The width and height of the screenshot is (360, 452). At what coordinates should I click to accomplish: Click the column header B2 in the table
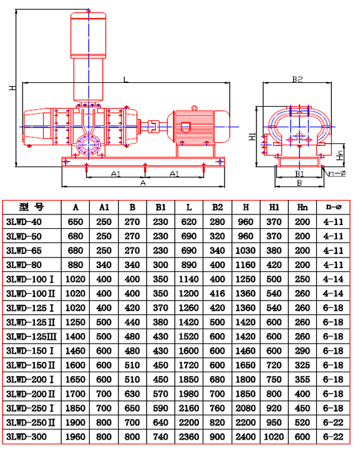pyautogui.click(x=217, y=207)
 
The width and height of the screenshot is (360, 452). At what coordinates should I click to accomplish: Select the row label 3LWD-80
pyautogui.click(x=24, y=264)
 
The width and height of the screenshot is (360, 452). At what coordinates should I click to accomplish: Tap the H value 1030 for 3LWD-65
pyautogui.click(x=245, y=250)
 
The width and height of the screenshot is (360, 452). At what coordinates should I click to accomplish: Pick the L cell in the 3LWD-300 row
pyautogui.click(x=188, y=436)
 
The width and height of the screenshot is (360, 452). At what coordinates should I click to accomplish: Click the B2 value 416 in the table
pyautogui.click(x=217, y=294)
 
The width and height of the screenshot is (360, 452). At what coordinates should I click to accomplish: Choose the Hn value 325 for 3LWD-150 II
pyautogui.click(x=303, y=365)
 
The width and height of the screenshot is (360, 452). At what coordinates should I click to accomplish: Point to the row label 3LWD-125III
pyautogui.click(x=31, y=337)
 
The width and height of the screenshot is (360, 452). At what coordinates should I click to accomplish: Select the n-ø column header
pyautogui.click(x=333, y=207)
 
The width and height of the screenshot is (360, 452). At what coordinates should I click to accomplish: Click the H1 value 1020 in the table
pyautogui.click(x=274, y=436)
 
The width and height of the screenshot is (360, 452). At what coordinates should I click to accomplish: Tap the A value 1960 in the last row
pyautogui.click(x=75, y=436)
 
